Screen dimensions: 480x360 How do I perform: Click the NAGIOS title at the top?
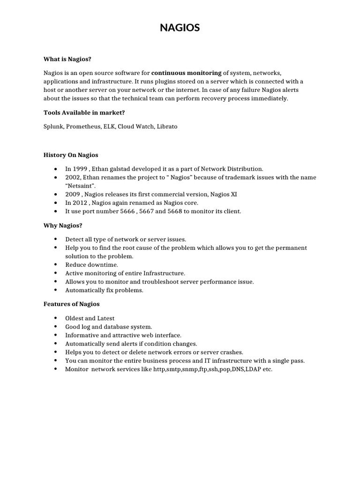point(180,28)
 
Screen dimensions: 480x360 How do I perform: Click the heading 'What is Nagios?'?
point(67,59)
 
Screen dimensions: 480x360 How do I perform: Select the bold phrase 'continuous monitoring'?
point(187,73)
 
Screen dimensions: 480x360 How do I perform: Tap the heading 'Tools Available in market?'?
point(84,112)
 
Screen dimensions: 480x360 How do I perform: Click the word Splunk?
point(53,127)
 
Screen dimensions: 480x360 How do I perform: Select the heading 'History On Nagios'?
point(71,155)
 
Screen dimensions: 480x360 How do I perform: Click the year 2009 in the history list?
point(73,194)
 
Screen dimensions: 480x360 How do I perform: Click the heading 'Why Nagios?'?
point(63,225)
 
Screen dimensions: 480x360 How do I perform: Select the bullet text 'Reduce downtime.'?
point(91,265)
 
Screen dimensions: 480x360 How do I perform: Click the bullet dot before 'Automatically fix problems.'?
point(56,290)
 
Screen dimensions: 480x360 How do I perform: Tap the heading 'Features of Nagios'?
point(72,304)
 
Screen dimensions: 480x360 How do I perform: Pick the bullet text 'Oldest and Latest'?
point(90,318)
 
